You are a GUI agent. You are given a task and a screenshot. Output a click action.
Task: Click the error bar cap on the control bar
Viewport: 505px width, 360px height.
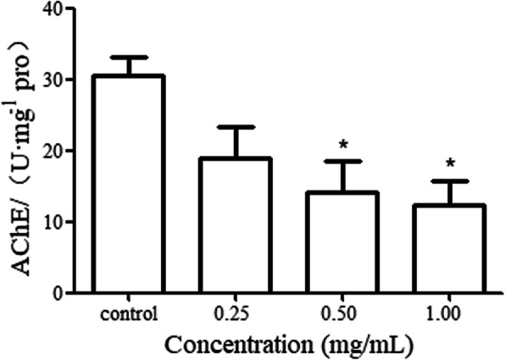pyautogui.click(x=128, y=58)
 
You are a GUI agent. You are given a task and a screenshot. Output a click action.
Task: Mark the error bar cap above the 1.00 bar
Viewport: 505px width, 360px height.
pyautogui.click(x=449, y=181)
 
